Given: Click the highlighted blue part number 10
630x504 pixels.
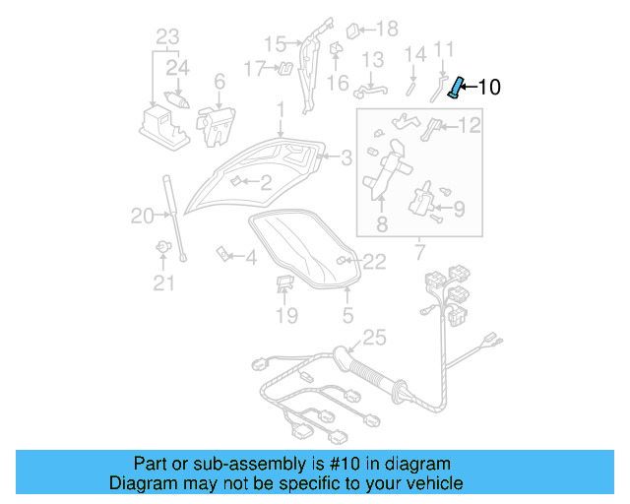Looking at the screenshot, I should click(456, 87).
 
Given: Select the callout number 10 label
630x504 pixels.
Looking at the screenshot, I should click(488, 87).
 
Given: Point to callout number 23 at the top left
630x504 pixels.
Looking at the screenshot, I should click(168, 38).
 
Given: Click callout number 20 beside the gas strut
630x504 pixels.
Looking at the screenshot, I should click(143, 216).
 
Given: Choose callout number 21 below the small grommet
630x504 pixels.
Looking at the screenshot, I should click(162, 283).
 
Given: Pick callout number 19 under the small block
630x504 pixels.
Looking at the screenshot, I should click(285, 315).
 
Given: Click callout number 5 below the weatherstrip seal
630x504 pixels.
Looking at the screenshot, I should click(347, 315).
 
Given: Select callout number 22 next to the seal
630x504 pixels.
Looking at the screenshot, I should click(374, 261).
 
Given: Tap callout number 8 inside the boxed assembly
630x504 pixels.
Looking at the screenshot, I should click(381, 224).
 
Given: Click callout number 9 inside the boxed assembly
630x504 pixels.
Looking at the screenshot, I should click(459, 208).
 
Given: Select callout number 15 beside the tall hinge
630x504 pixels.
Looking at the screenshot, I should click(275, 43).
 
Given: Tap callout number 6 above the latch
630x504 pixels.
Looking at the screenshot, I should click(219, 83).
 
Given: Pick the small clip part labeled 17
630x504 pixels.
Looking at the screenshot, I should click(283, 68).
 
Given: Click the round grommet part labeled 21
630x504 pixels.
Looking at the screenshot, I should click(162, 246).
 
